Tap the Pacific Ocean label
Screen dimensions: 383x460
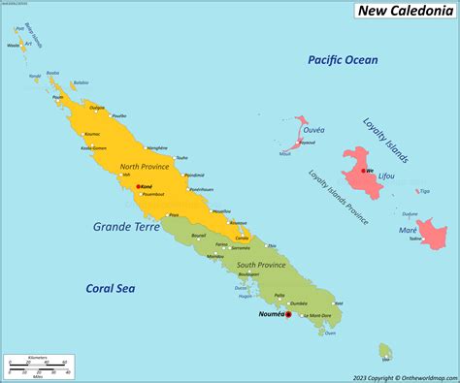coord(343,60)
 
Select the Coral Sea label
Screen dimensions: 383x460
coord(109,288)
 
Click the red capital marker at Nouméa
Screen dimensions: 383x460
coord(288,314)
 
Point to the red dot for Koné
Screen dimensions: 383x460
coord(139,186)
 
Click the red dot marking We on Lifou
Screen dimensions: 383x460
coord(363,171)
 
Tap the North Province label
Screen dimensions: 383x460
coord(145,166)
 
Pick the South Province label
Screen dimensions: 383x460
coord(262,264)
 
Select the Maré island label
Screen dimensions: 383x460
coord(408,230)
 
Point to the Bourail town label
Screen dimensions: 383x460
coord(198,235)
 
